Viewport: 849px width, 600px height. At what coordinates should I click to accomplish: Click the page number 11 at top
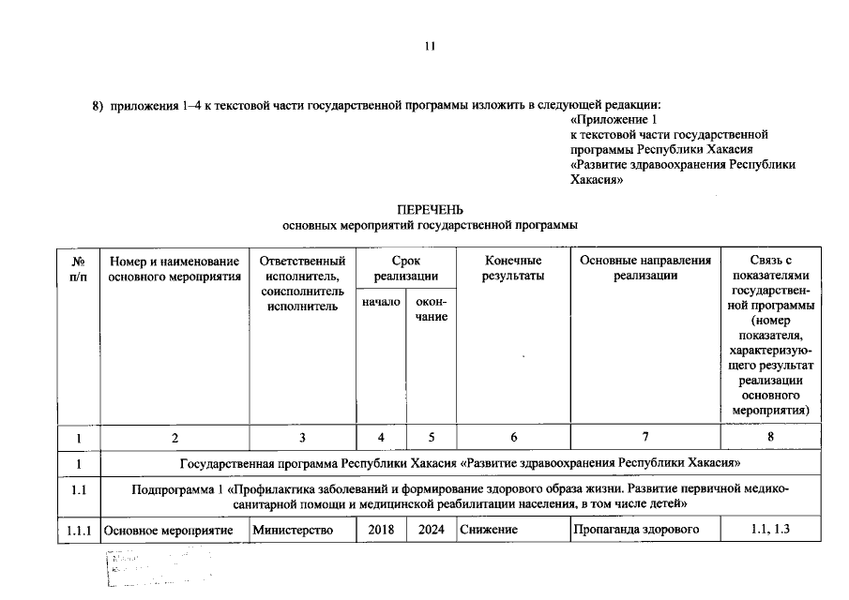pyautogui.click(x=431, y=46)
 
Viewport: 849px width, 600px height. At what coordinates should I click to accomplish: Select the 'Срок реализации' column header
pyautogui.click(x=405, y=268)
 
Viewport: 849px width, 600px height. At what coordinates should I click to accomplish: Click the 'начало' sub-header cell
pyautogui.click(x=381, y=301)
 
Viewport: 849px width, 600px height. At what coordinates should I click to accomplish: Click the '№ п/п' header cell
pyautogui.click(x=79, y=268)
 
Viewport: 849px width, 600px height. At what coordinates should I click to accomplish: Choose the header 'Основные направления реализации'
pyautogui.click(x=645, y=268)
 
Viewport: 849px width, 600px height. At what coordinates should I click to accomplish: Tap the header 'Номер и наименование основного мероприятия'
pyautogui.click(x=174, y=268)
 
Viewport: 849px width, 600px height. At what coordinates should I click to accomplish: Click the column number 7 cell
pyautogui.click(x=645, y=437)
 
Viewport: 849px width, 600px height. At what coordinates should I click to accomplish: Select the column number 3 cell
pyautogui.click(x=302, y=437)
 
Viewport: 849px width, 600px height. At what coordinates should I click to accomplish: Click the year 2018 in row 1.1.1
pyautogui.click(x=381, y=531)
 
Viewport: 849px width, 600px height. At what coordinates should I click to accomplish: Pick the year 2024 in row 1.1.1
pyautogui.click(x=432, y=531)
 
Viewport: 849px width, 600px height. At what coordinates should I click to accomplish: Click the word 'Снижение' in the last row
pyautogui.click(x=488, y=531)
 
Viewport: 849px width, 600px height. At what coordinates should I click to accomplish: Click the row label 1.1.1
pyautogui.click(x=79, y=531)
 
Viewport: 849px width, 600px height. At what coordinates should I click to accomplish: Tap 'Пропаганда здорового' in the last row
pyautogui.click(x=638, y=531)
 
